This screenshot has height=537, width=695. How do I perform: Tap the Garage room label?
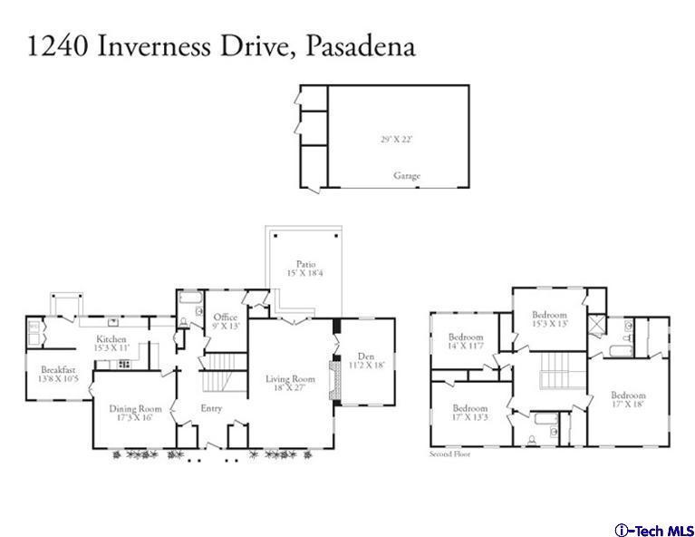(x=406, y=176)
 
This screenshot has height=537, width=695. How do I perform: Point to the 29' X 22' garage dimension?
(x=397, y=140)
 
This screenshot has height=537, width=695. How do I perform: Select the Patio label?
(x=304, y=264)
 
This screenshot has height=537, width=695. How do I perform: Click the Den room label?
(x=366, y=356)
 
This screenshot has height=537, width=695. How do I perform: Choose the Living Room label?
(x=290, y=379)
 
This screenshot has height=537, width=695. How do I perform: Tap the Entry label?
(x=211, y=408)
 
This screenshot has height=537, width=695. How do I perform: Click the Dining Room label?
(x=135, y=409)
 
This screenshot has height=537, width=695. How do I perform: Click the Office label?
(x=226, y=317)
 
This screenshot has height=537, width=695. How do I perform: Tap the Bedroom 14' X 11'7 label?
(x=466, y=337)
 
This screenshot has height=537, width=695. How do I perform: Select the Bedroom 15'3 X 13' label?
(x=549, y=316)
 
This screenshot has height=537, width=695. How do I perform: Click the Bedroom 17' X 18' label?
(x=627, y=395)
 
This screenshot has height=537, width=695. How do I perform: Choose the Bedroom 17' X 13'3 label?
(x=469, y=408)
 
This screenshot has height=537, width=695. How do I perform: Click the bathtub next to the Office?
(x=190, y=298)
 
